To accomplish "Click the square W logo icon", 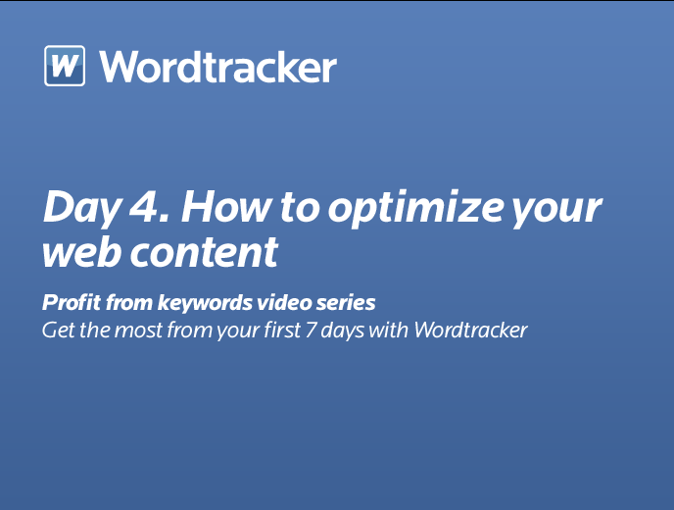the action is click(65, 66).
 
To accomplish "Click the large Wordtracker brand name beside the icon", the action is click(217, 67).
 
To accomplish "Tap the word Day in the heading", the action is click(81, 208).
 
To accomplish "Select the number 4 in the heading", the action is click(144, 206).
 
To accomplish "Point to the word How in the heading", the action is click(226, 206).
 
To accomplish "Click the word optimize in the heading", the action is click(415, 208).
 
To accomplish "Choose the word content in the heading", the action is click(204, 253).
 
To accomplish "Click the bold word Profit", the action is click(72, 302).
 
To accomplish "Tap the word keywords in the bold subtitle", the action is click(205, 302).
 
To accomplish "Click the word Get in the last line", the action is click(59, 331).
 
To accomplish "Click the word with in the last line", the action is click(389, 331).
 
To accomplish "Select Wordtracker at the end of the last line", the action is click(470, 331).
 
